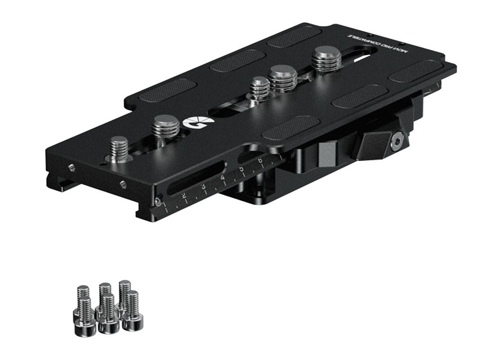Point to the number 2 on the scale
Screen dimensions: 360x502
184,196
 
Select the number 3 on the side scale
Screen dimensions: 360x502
203,187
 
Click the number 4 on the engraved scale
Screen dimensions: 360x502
223,178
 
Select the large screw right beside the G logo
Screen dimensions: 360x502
165,127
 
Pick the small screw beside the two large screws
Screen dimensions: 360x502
259,88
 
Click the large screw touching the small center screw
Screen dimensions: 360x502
283,77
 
